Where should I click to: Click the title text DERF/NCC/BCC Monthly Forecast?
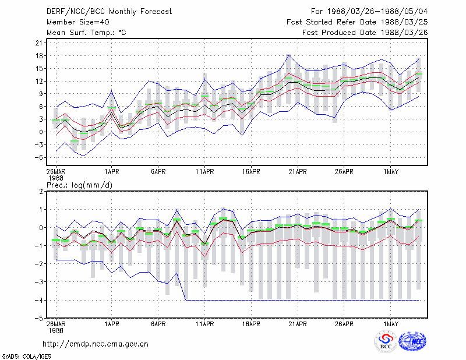pos(109,12)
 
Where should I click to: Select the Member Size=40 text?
pos(78,22)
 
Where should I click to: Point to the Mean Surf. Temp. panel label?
pos(86,33)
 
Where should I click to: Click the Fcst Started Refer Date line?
pos(357,22)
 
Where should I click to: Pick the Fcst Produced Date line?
pos(365,33)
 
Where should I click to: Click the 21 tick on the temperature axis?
pos(39,43)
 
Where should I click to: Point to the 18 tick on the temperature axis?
pos(39,56)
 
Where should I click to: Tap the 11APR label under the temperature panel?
pos(204,172)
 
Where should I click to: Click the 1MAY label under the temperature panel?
pos(390,172)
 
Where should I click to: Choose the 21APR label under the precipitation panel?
pos(298,324)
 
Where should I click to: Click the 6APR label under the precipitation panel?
pos(158,324)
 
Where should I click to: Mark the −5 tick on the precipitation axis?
pos(39,319)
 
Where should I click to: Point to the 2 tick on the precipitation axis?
pos(41,192)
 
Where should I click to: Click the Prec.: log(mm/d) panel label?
pos(79,185)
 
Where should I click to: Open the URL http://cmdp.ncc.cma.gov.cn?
pos(96,344)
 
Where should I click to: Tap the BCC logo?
pos(386,341)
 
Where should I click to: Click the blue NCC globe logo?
pos(412,341)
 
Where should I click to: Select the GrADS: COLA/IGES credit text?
pos(26,357)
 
